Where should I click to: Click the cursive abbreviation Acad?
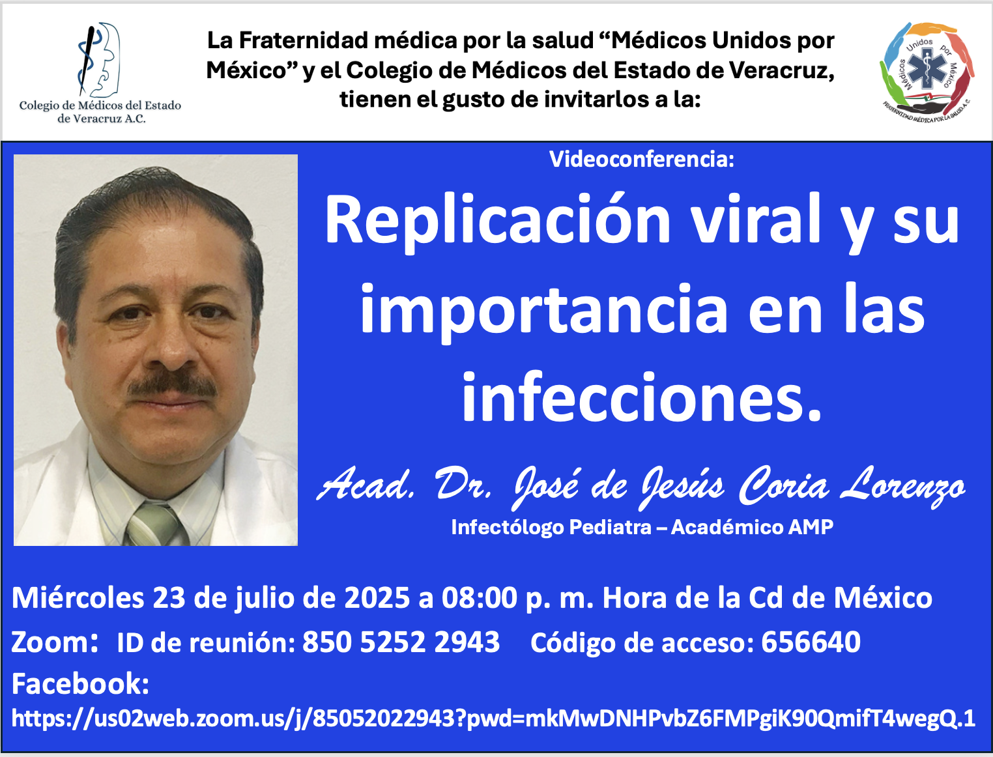pyautogui.click(x=366, y=485)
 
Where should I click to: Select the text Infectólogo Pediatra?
pyautogui.click(x=551, y=527)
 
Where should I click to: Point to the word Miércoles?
pyautogui.click(x=78, y=598)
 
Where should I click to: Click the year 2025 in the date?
pyautogui.click(x=377, y=598)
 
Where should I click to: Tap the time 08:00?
pyautogui.click(x=480, y=598)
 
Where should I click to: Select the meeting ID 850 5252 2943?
pyautogui.click(x=401, y=642)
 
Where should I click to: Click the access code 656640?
pyautogui.click(x=811, y=642)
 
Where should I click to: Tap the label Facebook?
pyautogui.click(x=81, y=683)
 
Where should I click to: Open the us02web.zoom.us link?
pyautogui.click(x=493, y=719)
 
